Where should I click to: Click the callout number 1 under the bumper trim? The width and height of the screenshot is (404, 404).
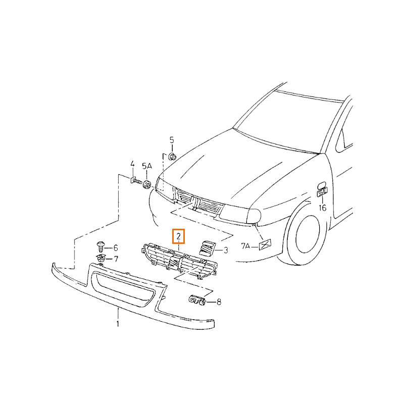[118, 324]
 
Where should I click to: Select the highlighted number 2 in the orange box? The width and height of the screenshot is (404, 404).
[179, 236]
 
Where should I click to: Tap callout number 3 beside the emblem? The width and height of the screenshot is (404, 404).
[226, 250]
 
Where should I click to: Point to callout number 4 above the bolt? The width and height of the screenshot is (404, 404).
[132, 164]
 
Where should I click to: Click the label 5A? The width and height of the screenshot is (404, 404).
[147, 166]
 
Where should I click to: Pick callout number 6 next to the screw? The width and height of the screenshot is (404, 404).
[116, 248]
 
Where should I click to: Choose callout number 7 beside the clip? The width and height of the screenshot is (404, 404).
[116, 259]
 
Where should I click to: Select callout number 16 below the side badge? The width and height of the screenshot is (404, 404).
[322, 208]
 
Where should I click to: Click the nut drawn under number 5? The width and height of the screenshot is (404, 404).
[172, 156]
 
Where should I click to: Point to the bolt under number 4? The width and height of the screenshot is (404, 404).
[135, 181]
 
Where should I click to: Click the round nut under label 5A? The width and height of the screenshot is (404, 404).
[147, 184]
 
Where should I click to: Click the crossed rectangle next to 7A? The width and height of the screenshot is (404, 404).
[265, 245]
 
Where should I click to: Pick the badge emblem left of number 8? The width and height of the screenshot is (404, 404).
[197, 300]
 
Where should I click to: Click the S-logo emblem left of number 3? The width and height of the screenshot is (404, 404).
[208, 248]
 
